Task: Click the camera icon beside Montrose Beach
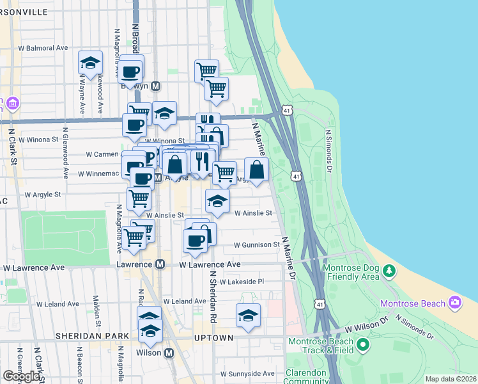pyautogui.click(x=454, y=301)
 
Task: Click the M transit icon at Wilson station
pyautogui.click(x=169, y=353)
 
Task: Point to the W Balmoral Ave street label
pyautogui.click(x=43, y=48)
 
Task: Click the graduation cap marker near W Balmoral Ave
pyautogui.click(x=91, y=63)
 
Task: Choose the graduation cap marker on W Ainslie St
pyautogui.click(x=217, y=201)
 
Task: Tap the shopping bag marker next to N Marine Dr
pyautogui.click(x=256, y=170)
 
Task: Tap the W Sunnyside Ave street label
pyautogui.click(x=247, y=374)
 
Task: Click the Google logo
pyautogui.click(x=21, y=376)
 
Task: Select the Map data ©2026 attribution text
pyautogui.click(x=451, y=379)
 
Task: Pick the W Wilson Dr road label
pyautogui.click(x=367, y=328)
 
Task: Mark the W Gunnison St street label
pyautogui.click(x=257, y=244)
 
